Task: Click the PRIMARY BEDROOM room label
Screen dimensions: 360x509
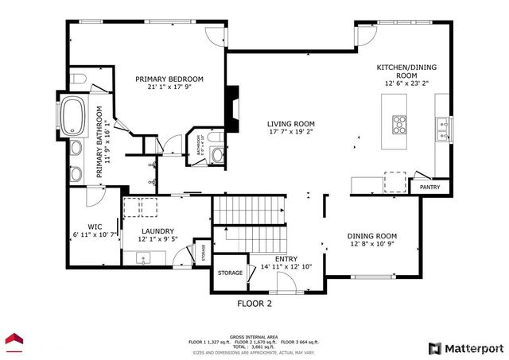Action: click(169, 79)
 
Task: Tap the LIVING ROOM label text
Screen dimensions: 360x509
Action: click(290, 124)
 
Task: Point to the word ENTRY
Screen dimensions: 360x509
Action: click(286, 259)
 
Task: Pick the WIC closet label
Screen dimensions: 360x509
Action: click(95, 226)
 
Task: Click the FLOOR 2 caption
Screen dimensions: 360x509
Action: click(254, 304)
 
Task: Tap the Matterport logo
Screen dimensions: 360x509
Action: click(466, 348)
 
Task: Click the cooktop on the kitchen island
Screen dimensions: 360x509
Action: click(398, 123)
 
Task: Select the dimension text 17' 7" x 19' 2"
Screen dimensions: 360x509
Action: click(290, 134)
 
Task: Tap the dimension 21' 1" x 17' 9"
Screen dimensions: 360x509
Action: click(169, 87)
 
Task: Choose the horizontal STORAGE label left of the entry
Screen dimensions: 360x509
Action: click(230, 273)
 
